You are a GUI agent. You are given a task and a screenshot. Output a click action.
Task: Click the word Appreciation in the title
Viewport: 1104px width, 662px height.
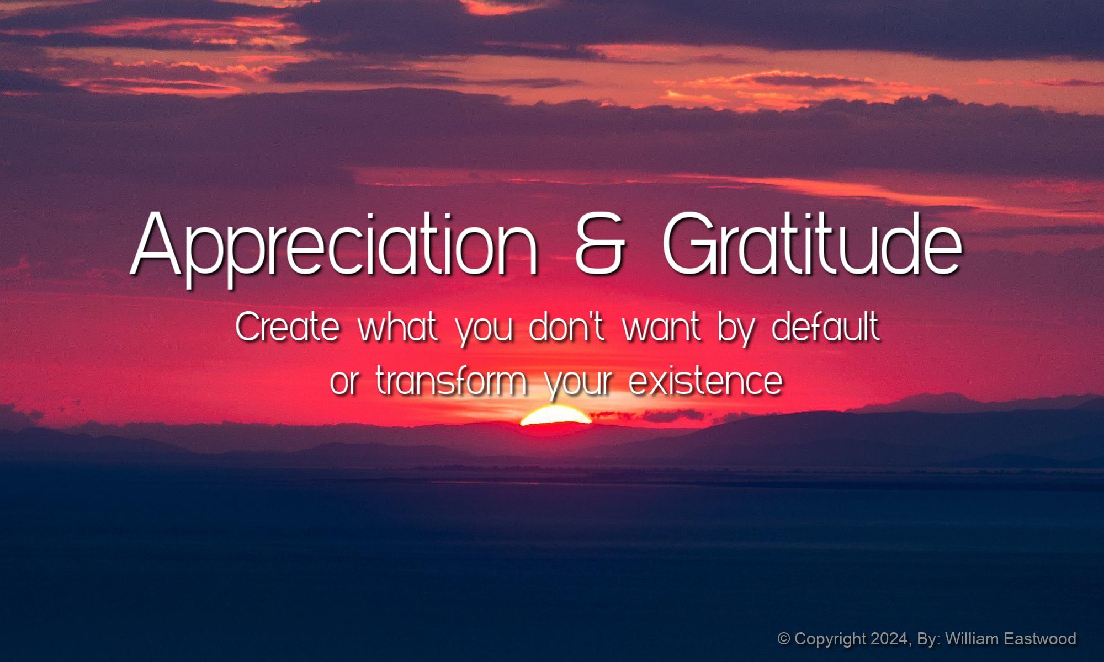[x=334, y=247]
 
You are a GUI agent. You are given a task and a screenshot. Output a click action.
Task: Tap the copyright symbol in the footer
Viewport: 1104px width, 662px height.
[x=784, y=639]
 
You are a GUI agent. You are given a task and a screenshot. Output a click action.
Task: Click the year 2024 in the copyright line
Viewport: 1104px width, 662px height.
[x=890, y=639]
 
